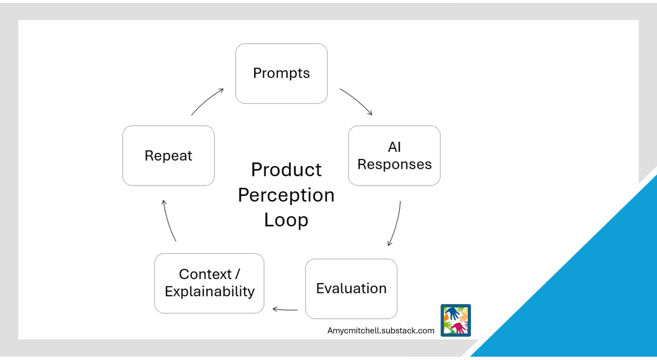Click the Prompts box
[x=281, y=74]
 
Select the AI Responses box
[x=394, y=156]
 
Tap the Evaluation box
[x=351, y=289]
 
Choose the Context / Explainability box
[x=209, y=283]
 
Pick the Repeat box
[x=168, y=156]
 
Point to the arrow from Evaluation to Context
[x=285, y=310]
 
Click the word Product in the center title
[x=286, y=169]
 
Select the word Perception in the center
[x=286, y=195]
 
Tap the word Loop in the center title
[x=286, y=220]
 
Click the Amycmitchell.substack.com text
[x=381, y=331]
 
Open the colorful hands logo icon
[x=456, y=320]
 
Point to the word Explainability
[x=210, y=291]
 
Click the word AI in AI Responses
[x=394, y=147]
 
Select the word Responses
[x=394, y=164]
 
